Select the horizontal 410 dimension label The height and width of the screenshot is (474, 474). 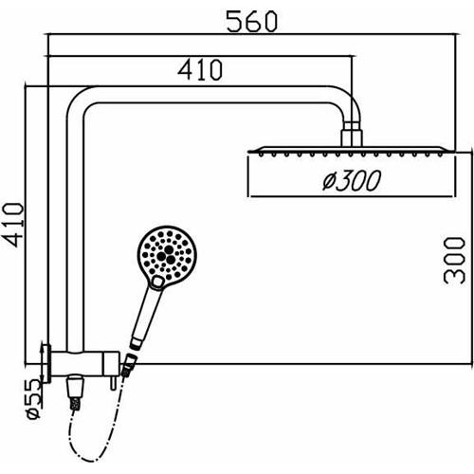(x=200, y=69)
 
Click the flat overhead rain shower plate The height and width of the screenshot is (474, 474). (x=348, y=151)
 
